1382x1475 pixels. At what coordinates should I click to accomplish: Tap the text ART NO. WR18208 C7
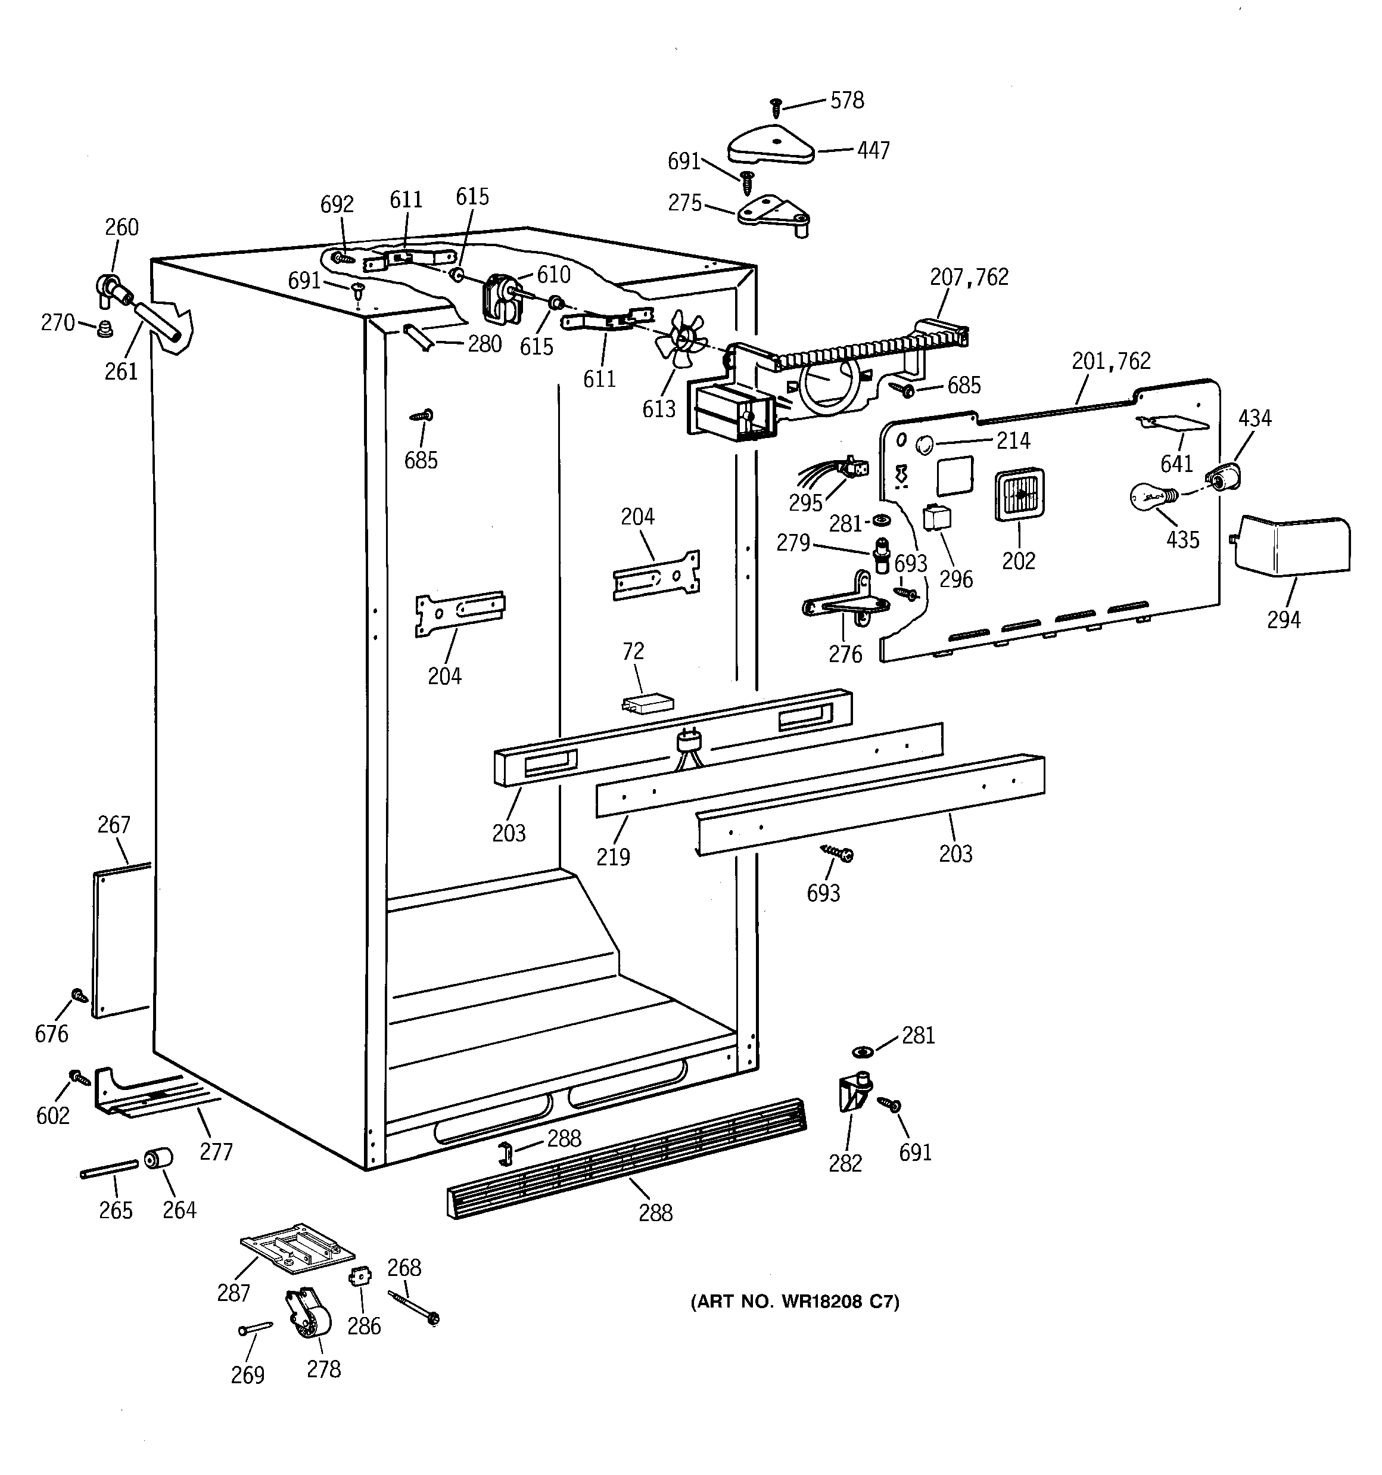coord(795,1302)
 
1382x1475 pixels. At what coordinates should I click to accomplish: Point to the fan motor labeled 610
coord(499,298)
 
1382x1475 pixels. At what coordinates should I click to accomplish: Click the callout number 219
coord(613,856)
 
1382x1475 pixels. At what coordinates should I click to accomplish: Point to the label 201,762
coord(1110,361)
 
